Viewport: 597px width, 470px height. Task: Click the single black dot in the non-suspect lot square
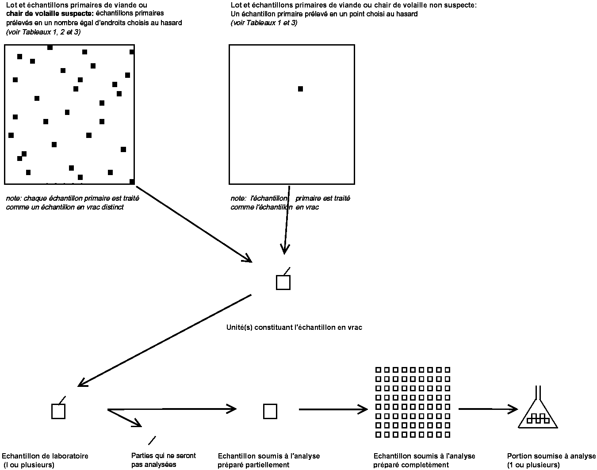click(300, 89)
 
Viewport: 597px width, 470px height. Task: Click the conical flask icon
click(537, 411)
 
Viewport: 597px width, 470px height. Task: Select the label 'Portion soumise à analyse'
click(551, 456)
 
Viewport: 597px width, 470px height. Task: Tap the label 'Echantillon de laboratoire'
click(45, 456)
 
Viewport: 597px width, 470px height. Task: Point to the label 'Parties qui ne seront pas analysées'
click(163, 460)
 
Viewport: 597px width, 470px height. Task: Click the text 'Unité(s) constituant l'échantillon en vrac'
click(294, 328)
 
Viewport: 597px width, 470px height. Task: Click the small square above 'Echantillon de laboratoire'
click(58, 411)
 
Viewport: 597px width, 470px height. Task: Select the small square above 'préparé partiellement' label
click(270, 411)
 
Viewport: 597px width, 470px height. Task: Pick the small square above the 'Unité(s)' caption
click(283, 283)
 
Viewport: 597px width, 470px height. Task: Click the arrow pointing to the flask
click(488, 409)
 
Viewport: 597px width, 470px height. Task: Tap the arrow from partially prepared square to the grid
click(333, 409)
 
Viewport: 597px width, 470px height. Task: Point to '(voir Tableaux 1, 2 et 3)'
click(43, 32)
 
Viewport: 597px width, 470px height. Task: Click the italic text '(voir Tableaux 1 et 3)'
click(264, 23)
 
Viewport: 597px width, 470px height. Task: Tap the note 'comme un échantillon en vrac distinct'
click(65, 207)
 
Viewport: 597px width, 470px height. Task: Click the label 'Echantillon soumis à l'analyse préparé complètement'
click(424, 460)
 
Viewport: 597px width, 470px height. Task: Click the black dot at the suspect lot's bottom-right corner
click(132, 181)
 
